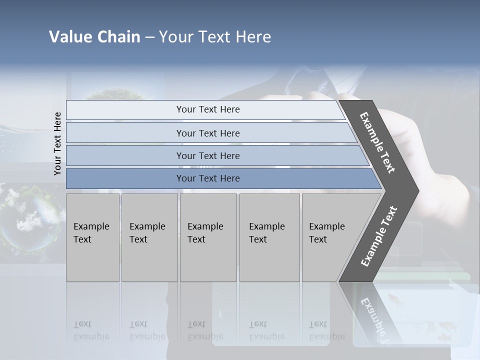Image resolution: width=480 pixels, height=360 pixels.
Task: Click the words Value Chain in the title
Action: point(94,37)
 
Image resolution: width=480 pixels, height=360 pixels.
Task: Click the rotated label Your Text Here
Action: point(58,143)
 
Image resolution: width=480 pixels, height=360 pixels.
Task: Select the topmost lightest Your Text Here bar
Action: point(208,109)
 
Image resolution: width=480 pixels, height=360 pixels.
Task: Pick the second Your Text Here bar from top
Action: point(208,133)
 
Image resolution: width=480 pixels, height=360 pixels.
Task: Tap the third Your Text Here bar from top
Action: point(208,155)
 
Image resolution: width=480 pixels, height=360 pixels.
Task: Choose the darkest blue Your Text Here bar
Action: point(208,178)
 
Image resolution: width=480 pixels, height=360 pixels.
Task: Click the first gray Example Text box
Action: point(92,237)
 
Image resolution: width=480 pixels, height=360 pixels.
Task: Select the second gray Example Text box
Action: point(149,237)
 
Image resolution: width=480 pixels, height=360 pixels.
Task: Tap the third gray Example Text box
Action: point(208,237)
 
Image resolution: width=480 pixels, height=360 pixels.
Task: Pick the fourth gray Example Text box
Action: point(269,237)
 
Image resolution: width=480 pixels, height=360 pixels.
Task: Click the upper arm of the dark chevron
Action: point(378,142)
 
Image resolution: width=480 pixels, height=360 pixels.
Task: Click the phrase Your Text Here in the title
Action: point(215,37)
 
